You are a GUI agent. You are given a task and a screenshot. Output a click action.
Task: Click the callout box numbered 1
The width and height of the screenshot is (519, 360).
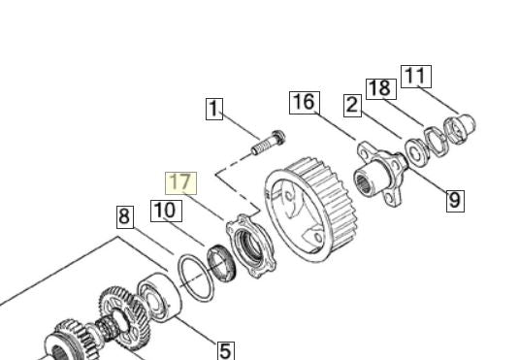tap(214, 109)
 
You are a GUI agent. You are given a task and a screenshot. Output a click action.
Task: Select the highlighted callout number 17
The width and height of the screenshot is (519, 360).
tap(180, 183)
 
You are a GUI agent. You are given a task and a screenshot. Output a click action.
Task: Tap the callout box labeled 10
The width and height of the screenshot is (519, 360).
tap(166, 211)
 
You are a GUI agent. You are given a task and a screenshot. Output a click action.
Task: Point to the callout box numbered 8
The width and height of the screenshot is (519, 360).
tap(125, 217)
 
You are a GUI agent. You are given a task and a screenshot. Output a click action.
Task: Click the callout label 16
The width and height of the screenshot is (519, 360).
tap(305, 103)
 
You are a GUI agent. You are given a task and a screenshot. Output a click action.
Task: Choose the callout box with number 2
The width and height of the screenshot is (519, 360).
tap(352, 106)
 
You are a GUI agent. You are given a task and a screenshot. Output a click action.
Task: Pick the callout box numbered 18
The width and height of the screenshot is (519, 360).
tap(381, 88)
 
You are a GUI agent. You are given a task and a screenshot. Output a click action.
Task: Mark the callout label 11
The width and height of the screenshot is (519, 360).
tap(416, 77)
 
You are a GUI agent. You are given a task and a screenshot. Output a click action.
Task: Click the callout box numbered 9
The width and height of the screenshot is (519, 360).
tap(455, 201)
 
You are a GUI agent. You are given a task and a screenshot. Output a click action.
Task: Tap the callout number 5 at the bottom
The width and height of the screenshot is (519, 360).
tap(226, 351)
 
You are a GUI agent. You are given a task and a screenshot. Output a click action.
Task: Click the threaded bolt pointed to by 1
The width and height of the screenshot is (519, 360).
tap(269, 143)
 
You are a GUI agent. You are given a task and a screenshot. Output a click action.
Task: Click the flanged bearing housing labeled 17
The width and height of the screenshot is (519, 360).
tap(251, 246)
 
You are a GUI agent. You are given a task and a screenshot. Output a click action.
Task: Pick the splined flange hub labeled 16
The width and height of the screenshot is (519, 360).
tap(380, 173)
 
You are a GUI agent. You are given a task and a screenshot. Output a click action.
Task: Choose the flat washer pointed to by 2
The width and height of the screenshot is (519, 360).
tap(416, 152)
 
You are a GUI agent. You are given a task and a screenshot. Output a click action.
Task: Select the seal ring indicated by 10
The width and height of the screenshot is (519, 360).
tap(221, 263)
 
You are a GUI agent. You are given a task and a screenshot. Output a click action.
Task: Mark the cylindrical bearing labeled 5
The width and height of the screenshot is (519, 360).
tap(159, 297)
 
